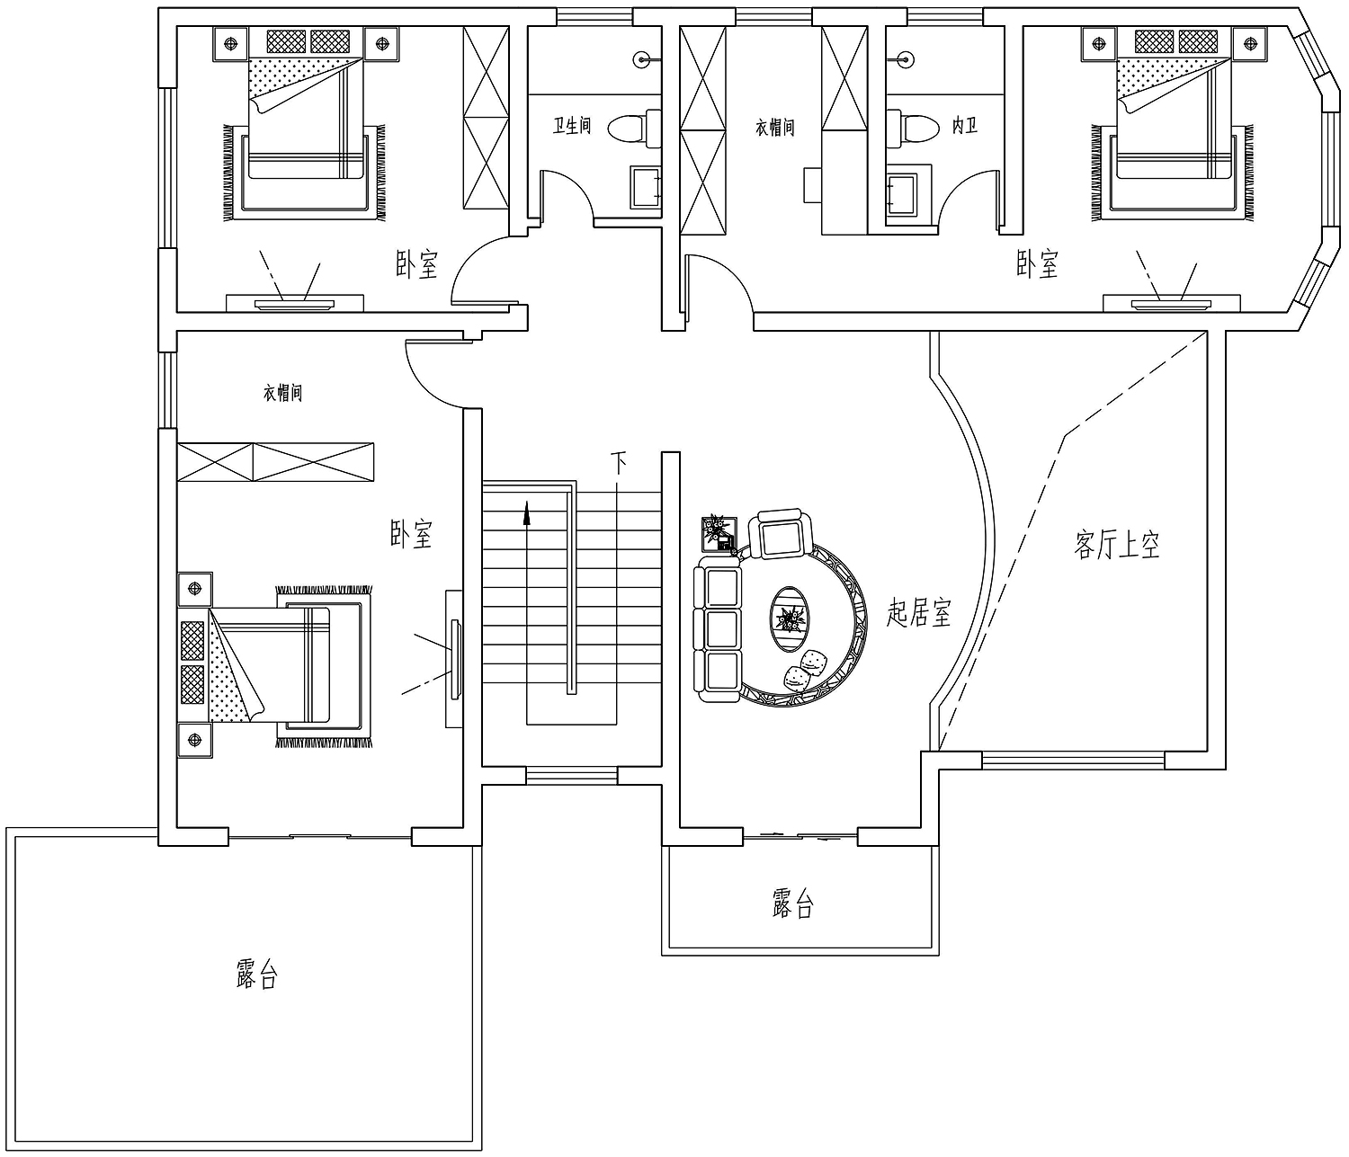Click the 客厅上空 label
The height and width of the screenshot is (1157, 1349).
[x=1116, y=544]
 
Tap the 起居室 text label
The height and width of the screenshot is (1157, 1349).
[x=918, y=612]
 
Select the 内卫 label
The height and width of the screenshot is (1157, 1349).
[x=965, y=125]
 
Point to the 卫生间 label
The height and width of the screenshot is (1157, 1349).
[x=572, y=125]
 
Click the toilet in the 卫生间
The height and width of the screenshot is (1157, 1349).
[x=634, y=129]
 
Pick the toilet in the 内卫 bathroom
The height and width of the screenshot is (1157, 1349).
[x=913, y=129]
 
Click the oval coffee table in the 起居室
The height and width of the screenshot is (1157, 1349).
[x=790, y=619]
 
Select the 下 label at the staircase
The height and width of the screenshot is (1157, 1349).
[x=619, y=463]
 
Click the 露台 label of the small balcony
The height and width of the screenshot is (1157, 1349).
[x=792, y=903]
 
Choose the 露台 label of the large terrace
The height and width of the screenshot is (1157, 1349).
[x=257, y=975]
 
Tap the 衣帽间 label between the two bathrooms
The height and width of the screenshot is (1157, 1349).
[x=774, y=128]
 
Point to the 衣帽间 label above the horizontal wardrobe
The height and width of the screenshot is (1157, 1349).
[x=282, y=393]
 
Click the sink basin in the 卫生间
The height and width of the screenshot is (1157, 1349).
[x=646, y=187]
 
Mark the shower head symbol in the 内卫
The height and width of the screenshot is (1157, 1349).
[x=906, y=60]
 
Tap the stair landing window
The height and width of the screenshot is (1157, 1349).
[x=571, y=775]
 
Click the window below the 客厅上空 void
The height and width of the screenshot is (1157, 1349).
[x=1073, y=760]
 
